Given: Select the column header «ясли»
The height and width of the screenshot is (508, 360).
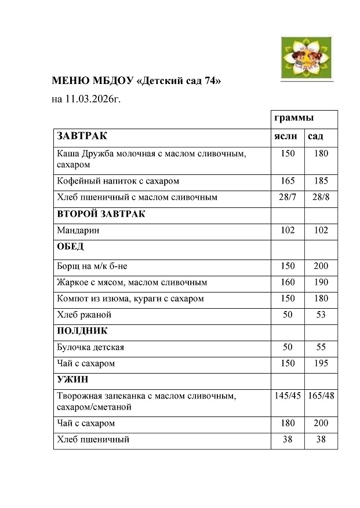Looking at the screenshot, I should tap(285, 136).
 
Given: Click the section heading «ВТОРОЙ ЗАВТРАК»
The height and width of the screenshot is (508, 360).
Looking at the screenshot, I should tap(100, 214).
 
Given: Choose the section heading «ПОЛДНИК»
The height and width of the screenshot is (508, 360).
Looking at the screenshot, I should tap(82, 331).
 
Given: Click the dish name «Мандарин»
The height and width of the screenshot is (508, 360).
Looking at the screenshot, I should tap(78, 231).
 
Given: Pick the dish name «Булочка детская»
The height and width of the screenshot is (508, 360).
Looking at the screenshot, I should tap(90, 348).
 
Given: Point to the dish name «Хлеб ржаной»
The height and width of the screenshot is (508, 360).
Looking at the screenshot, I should tap(84, 315).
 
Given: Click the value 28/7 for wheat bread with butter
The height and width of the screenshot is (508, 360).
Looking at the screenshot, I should tap(288, 197).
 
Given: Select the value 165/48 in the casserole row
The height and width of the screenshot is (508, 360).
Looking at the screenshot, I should tap(321, 396).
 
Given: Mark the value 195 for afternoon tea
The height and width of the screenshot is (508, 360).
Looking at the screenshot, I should tap(321, 363).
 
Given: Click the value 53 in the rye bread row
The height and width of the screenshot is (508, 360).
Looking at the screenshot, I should tap(321, 315).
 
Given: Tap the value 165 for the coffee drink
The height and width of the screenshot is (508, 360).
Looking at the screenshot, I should tap(288, 181).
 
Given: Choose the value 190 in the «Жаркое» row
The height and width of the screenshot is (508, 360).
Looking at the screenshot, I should tap(321, 283).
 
